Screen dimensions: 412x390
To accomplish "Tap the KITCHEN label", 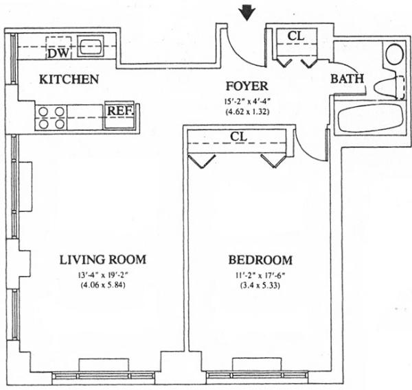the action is point(69,80).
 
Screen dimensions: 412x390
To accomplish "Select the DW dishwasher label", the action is point(59,53).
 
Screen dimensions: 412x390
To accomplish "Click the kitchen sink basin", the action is point(90,47).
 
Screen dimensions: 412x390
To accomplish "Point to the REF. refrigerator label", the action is point(120,110).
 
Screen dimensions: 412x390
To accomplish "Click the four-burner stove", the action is point(51,118).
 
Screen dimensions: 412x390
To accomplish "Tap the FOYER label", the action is point(247,86).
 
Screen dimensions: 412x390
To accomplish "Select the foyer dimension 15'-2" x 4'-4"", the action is point(247,101).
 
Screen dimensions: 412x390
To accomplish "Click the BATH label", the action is point(347,79).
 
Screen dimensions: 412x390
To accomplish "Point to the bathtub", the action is point(371,118).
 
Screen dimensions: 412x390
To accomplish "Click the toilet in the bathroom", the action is point(389,86).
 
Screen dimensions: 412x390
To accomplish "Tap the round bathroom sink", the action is point(395,55).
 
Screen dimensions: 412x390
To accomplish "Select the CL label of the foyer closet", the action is point(296,36).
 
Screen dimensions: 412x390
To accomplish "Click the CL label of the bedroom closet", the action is point(239,136).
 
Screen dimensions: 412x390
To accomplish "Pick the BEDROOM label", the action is point(260,260).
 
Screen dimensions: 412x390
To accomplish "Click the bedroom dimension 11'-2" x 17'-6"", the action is point(260,276).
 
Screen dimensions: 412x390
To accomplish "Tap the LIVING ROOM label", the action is point(103,260).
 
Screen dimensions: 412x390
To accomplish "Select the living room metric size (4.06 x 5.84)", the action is point(103,285).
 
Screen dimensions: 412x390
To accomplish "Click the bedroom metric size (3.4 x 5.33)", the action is point(260,285).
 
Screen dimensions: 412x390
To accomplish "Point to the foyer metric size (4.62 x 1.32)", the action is point(247,112).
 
